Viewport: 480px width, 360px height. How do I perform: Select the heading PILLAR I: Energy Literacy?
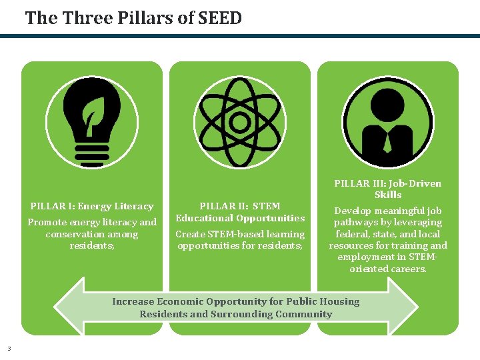pos(92,207)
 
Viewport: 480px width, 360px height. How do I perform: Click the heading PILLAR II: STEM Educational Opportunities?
pos(240,212)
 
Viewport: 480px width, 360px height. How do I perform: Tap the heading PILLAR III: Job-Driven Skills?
pos(387,189)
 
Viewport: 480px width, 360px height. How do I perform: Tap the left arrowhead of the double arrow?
pos(67,307)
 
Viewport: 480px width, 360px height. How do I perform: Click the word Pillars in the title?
pos(133,18)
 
